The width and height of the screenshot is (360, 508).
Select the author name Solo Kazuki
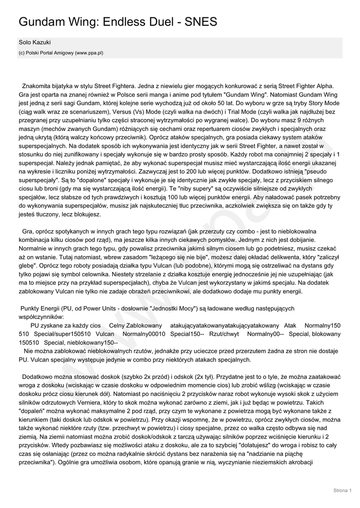35,43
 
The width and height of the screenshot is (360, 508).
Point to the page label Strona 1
342,490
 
